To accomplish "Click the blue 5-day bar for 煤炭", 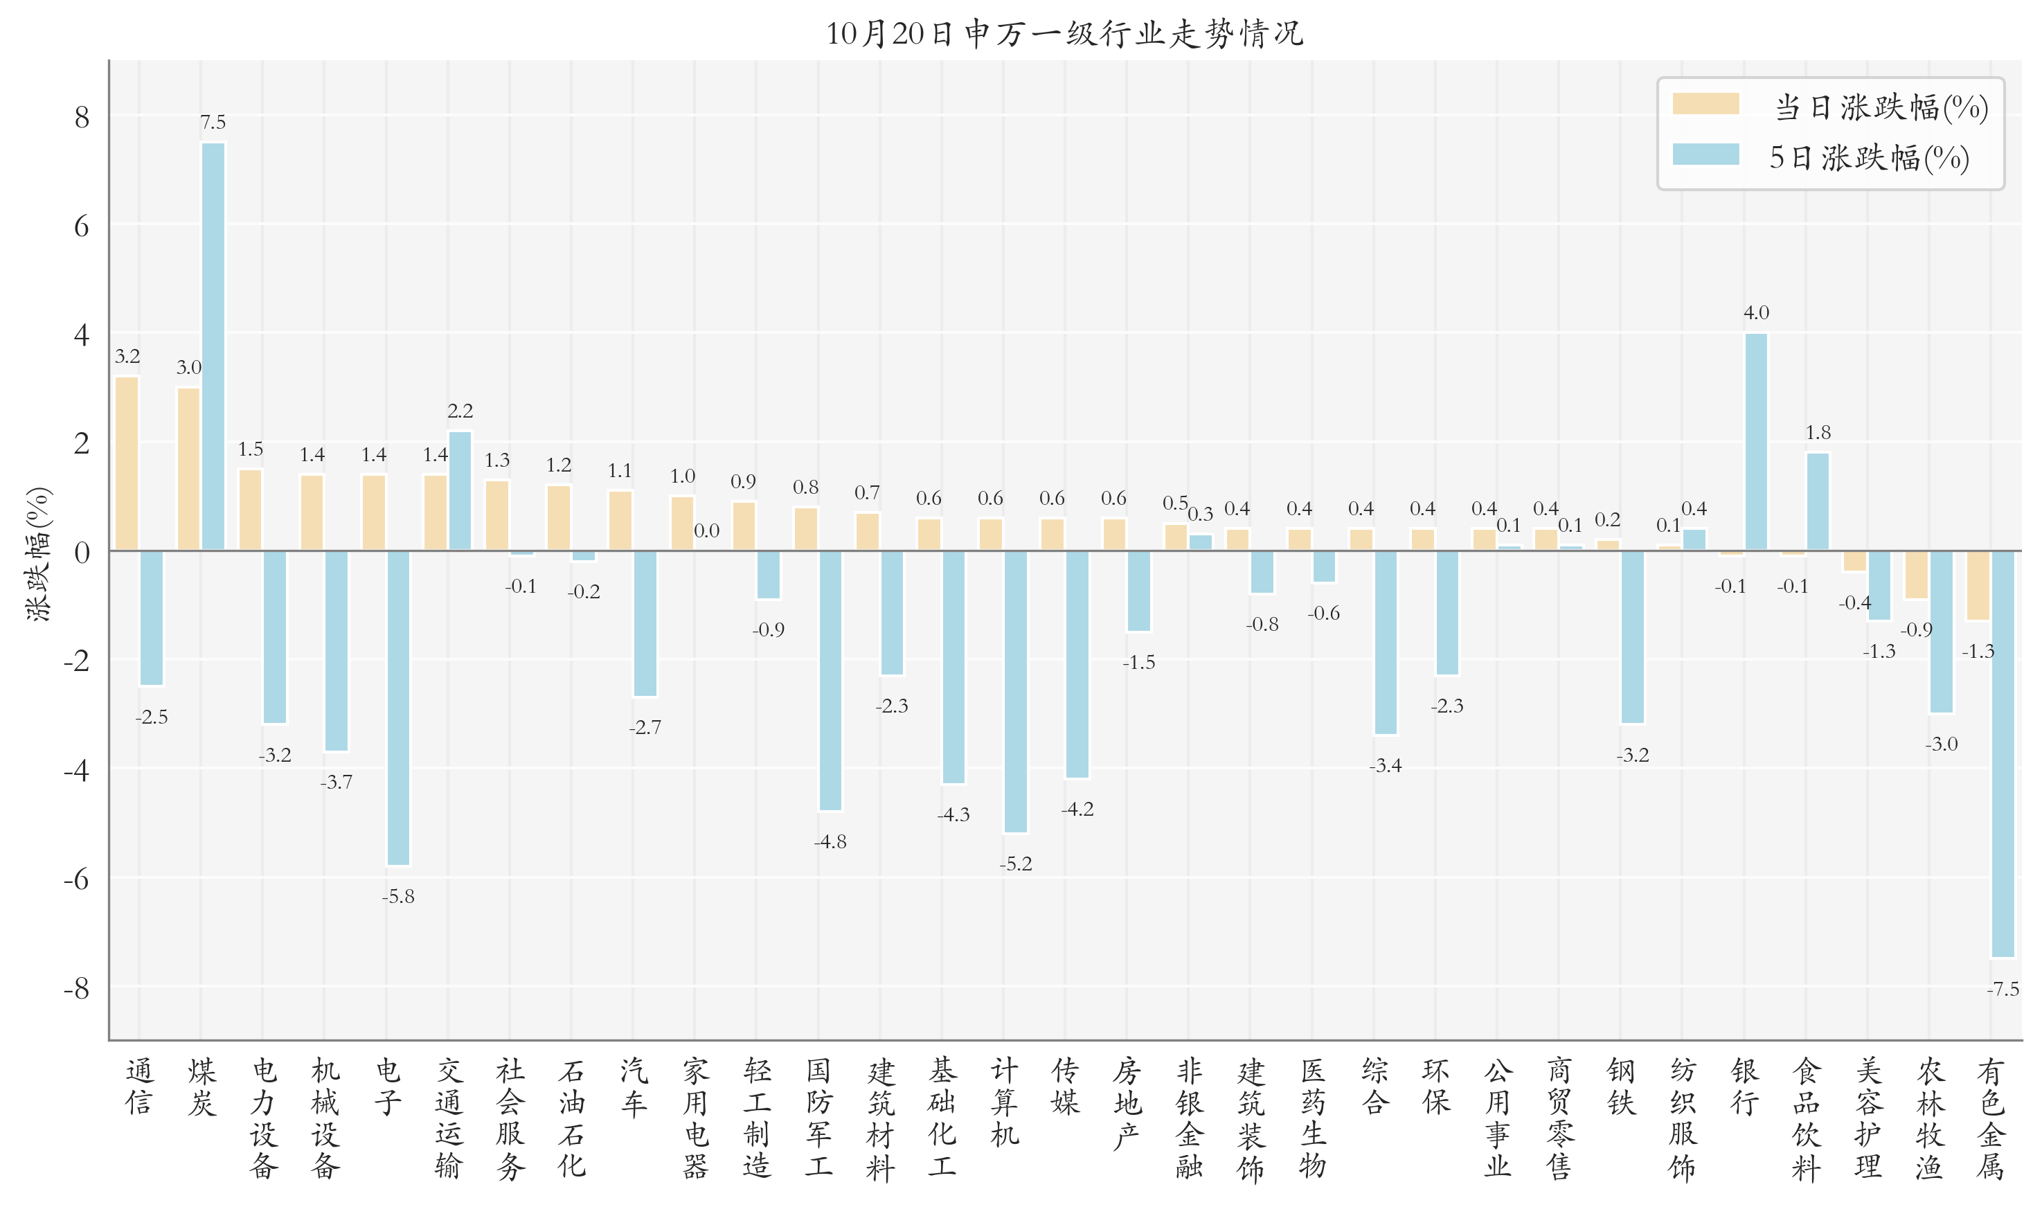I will (213, 346).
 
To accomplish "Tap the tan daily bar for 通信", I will (127, 463).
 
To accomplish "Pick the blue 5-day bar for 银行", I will (1756, 442).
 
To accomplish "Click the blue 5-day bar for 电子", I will (397, 708).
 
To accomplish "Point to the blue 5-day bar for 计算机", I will (1015, 691).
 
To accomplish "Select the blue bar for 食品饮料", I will (1818, 501).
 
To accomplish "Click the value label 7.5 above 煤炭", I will (213, 123).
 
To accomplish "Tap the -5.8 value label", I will (397, 896).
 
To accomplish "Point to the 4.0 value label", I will (1756, 313).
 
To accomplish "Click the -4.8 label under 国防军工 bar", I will (830, 842).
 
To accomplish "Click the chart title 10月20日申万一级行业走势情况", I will (1064, 34).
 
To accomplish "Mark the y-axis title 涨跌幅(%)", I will (38, 554).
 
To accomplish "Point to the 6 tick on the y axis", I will (81, 226).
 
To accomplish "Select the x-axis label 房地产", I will (1127, 1103).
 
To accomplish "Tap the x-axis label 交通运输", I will (448, 1118).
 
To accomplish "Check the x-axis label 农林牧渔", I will (1930, 1118).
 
